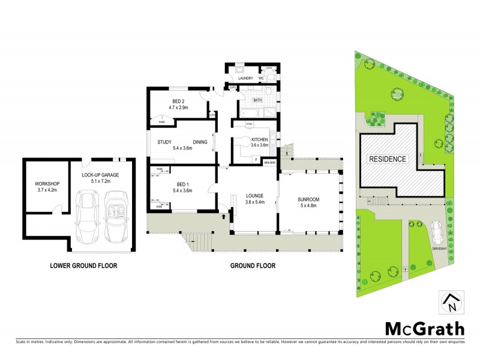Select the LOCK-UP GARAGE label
[x=100, y=175]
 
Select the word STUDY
[x=165, y=142]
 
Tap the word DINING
[x=200, y=142]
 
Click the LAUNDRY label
[x=244, y=78]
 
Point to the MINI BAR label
[x=268, y=163]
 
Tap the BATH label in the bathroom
[x=257, y=100]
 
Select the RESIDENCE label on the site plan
[x=388, y=160]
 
